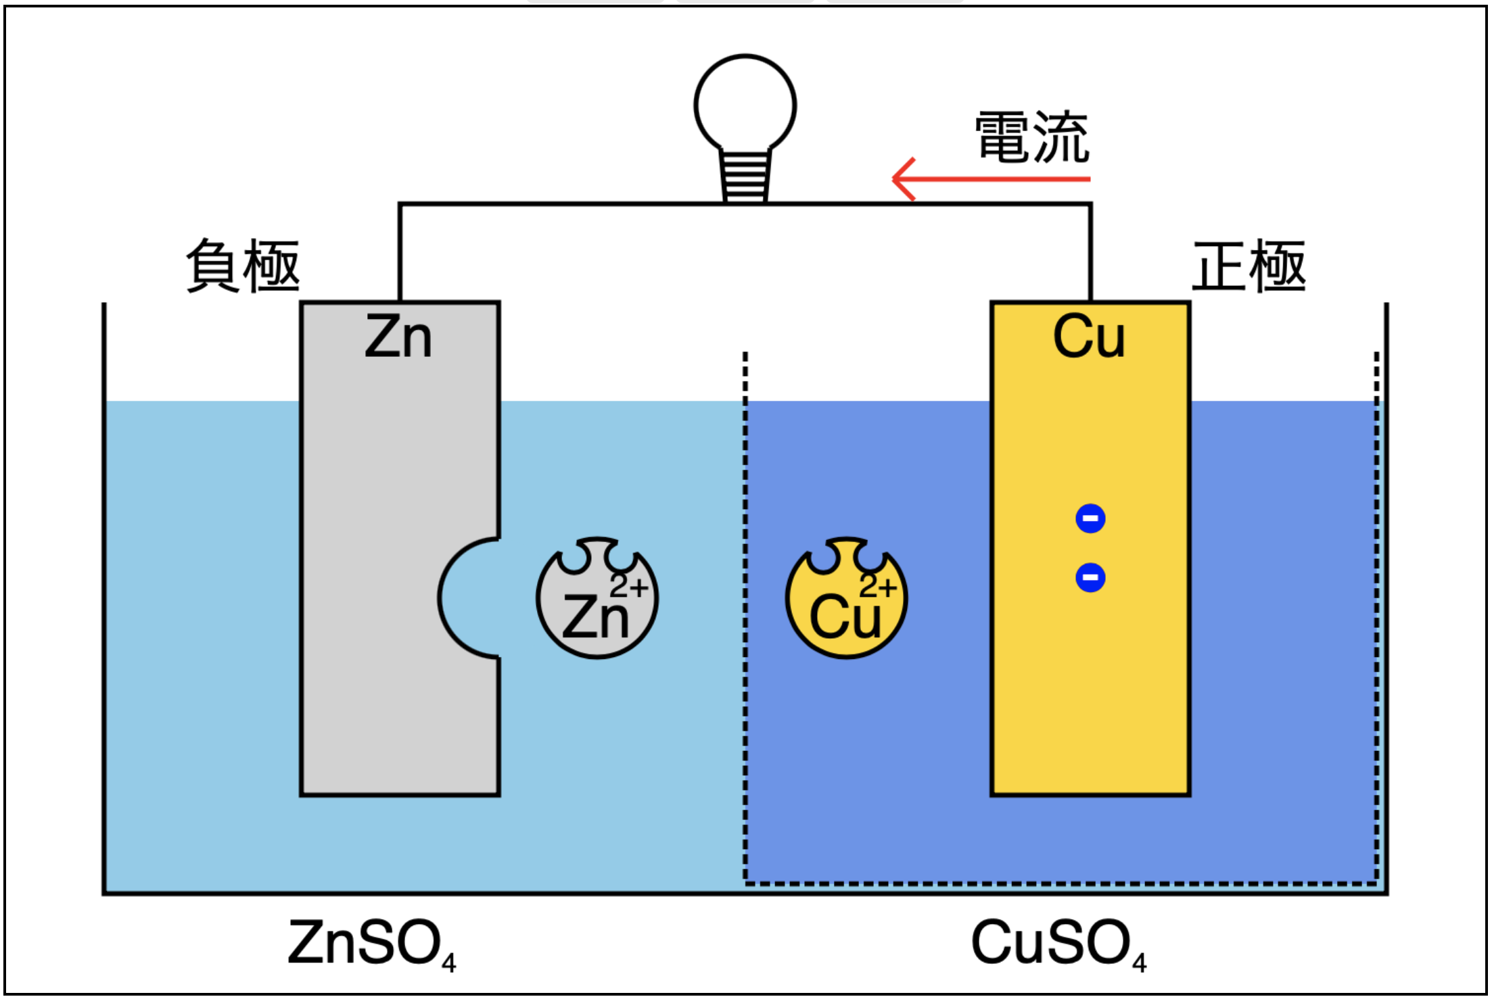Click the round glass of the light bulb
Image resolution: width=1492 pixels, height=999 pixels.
[x=745, y=103]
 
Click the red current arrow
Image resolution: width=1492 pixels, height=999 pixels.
[x=991, y=179]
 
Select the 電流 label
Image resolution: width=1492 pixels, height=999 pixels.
[x=1032, y=137]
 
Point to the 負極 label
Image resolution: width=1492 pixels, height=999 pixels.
[x=243, y=266]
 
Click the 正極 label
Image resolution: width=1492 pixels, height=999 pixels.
[x=1249, y=266]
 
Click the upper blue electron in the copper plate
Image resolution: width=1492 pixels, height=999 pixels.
[x=1090, y=518]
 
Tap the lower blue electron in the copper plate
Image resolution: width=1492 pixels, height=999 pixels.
[x=1090, y=577]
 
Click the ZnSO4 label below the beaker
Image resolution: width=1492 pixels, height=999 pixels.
[x=372, y=944]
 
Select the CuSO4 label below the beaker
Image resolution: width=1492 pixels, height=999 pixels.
[x=1059, y=944]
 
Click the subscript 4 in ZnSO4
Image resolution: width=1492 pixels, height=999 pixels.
[x=449, y=963]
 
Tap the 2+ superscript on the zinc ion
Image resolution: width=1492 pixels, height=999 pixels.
[x=629, y=585]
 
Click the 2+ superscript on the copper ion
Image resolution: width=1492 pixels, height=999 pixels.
[x=878, y=585]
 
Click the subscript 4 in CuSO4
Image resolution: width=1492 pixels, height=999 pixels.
[x=1140, y=963]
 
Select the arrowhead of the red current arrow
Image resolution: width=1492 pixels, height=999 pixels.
[x=904, y=179]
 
